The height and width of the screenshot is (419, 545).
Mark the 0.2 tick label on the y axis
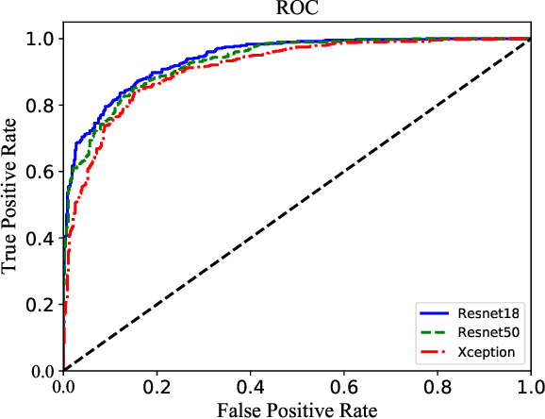tap(41, 304)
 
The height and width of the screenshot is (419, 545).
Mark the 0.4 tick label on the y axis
tap(41, 238)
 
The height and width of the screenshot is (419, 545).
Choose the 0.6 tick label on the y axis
tap(41, 172)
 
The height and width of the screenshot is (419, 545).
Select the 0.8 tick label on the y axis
tap(41, 105)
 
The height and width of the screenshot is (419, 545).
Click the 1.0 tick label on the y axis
tap(41, 39)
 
